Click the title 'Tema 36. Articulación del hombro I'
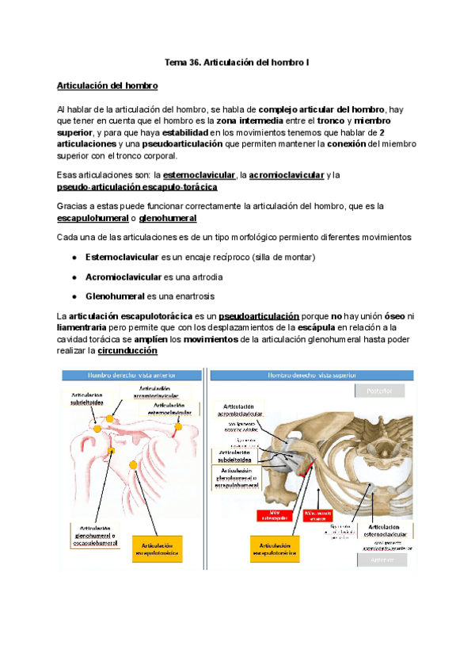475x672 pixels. (237, 62)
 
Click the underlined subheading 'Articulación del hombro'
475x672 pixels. (108, 85)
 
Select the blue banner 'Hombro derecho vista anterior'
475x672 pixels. (131, 374)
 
